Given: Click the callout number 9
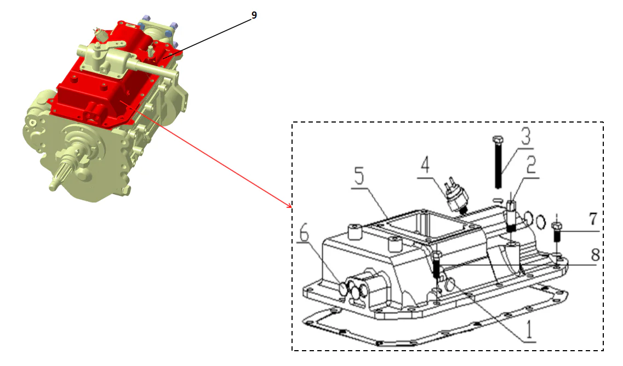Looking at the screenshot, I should (254, 15).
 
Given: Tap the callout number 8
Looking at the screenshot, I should (595, 255).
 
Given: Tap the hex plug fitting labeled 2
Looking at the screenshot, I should (511, 214).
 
